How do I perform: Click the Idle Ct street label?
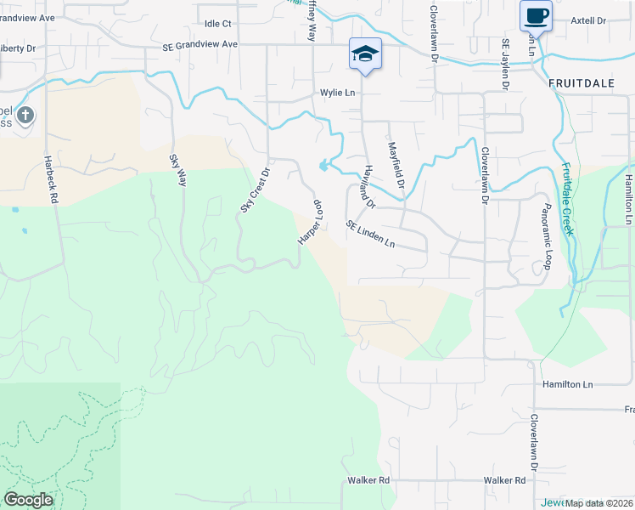218,23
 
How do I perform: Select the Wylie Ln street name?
336,93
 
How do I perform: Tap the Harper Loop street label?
312,223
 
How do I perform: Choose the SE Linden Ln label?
370,235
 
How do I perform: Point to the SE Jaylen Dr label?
504,64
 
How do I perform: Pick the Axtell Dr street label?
588,20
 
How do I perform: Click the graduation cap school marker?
365,54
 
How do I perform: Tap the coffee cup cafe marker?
536,15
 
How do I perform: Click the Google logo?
28,500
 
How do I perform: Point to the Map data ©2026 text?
598,503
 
